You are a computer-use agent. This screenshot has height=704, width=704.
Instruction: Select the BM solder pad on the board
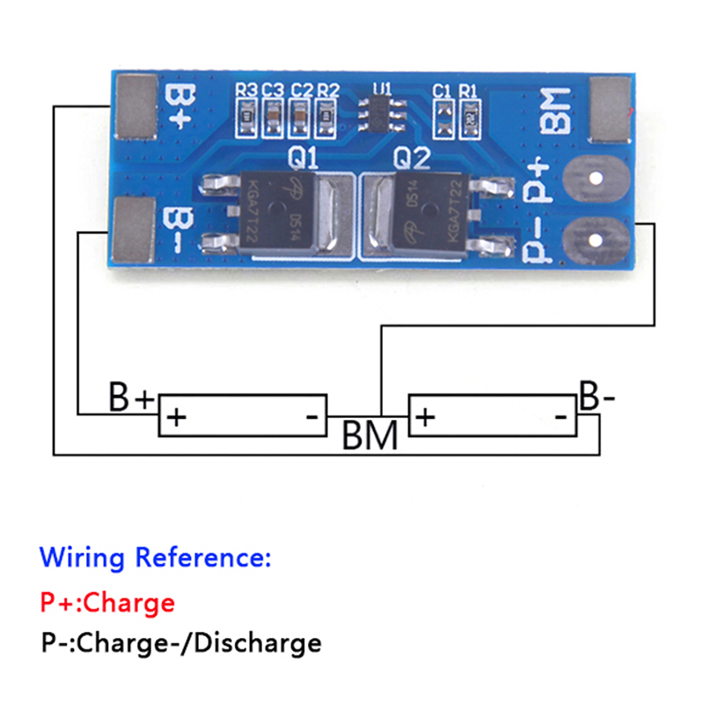[x=611, y=109]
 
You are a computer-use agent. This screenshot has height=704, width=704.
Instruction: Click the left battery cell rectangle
[x=242, y=415]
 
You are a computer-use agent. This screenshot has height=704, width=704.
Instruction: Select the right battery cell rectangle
[x=493, y=415]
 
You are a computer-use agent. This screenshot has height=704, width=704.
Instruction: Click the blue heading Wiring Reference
[x=156, y=557]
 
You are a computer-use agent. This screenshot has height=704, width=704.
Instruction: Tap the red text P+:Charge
[x=107, y=603]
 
